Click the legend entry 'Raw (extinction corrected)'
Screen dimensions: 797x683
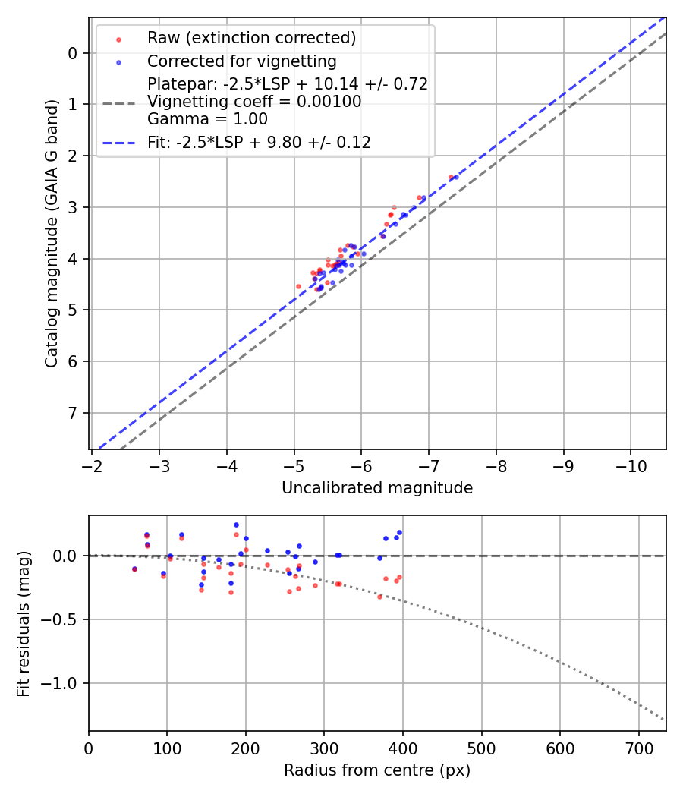pos(251,38)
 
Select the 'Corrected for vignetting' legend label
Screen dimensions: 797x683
pos(241,61)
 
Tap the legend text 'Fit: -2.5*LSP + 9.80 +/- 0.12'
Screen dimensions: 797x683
pos(259,142)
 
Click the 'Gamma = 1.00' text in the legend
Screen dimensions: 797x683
pos(207,119)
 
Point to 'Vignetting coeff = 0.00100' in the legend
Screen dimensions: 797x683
pos(254,102)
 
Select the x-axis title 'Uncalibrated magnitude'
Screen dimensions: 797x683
pos(377,488)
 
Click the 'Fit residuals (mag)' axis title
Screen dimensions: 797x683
pos(24,624)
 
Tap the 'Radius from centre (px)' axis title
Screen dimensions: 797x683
pos(377,770)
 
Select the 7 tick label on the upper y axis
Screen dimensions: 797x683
pos(73,413)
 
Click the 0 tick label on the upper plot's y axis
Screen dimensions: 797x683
pos(73,53)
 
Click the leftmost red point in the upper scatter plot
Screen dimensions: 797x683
pos(298,286)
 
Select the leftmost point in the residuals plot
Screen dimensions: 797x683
pos(134,569)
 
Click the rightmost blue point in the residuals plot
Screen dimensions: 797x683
pos(399,533)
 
